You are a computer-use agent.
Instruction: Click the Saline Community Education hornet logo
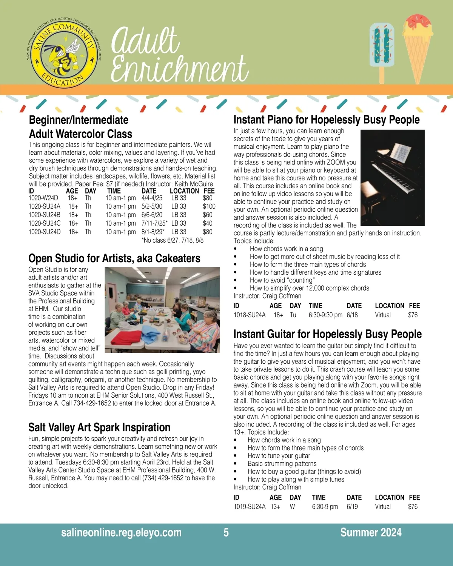63,53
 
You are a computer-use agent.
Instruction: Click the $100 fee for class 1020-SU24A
209,206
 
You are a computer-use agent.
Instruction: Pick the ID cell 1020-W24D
43,198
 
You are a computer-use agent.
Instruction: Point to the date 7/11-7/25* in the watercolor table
154,223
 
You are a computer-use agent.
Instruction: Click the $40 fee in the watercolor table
207,223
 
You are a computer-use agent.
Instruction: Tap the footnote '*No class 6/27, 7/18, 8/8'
173,240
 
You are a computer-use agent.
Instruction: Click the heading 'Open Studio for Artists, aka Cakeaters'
114,258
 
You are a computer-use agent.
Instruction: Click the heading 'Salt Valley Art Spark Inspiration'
99,428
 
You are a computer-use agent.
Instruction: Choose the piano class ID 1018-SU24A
250,315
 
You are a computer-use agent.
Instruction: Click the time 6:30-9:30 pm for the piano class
325,315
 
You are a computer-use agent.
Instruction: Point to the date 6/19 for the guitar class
352,507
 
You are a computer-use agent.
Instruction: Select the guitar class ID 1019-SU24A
250,507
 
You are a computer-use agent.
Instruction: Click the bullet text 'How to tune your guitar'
279,456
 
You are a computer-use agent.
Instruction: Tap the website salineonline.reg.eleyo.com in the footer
121,532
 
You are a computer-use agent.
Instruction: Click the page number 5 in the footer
226,532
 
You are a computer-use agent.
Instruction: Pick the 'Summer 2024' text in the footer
371,532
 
